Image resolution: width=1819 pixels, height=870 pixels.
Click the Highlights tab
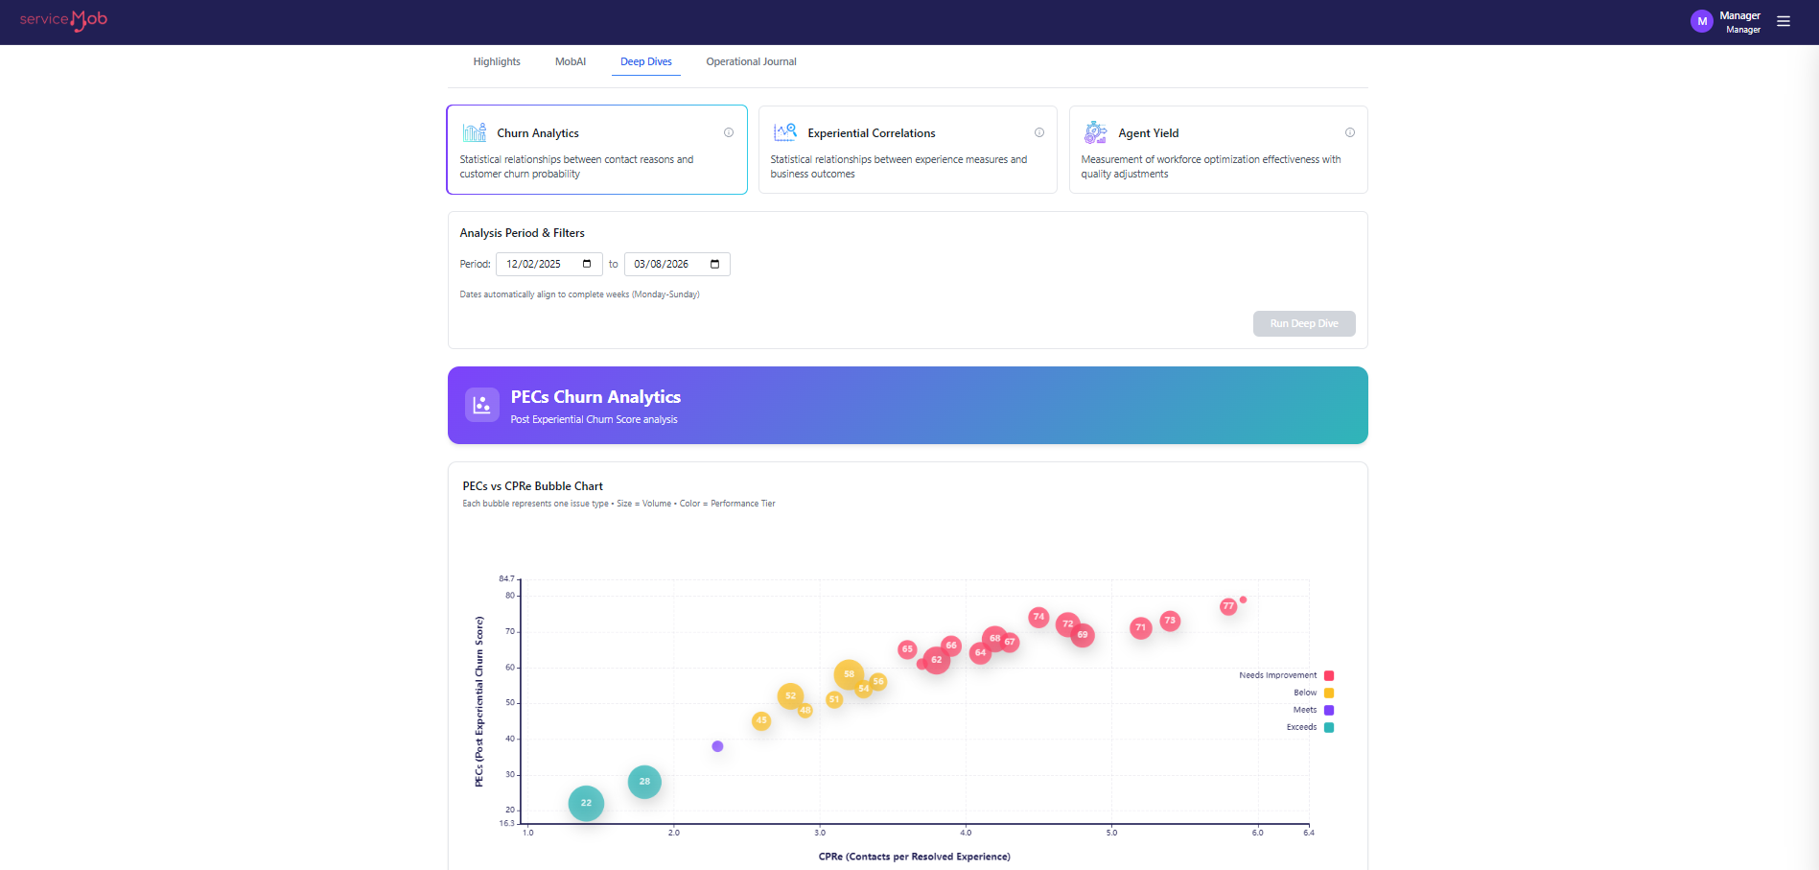point(496,61)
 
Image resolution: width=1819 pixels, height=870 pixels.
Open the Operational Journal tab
point(751,61)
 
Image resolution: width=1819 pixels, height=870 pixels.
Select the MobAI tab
point(570,61)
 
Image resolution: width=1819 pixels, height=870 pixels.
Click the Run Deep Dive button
point(1303,323)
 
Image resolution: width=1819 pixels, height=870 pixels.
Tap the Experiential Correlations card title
point(871,133)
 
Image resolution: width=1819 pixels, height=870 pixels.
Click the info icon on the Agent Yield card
point(1349,132)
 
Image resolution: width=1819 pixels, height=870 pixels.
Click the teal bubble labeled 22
point(586,803)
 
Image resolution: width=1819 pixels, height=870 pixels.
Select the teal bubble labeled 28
point(644,782)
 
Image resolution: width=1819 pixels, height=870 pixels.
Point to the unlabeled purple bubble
point(717,746)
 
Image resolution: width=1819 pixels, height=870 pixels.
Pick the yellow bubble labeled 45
point(761,720)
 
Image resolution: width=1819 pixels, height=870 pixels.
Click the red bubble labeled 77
point(1228,606)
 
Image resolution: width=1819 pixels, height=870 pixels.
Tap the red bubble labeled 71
point(1140,628)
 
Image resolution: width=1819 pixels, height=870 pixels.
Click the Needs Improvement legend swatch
point(1329,675)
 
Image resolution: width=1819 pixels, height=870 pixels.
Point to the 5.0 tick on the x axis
point(1111,833)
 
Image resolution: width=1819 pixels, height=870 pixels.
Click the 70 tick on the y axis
point(510,631)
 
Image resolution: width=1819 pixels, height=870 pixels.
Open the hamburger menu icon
point(1784,21)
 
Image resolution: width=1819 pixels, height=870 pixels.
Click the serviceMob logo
point(63,20)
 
